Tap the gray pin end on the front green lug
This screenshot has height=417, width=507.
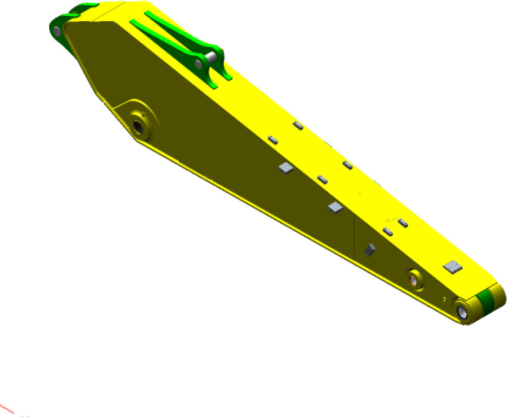(x=199, y=64)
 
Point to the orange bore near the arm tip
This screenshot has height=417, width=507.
(x=414, y=279)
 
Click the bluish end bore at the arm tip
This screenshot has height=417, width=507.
(x=462, y=311)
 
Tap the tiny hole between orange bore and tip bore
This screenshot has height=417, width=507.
(x=444, y=298)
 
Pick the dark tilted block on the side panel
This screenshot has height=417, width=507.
(x=369, y=249)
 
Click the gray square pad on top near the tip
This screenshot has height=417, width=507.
(x=452, y=266)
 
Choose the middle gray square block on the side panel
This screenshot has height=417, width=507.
(x=335, y=207)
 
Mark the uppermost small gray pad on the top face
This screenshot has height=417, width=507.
(x=298, y=125)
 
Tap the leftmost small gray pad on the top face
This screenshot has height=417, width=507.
(x=273, y=140)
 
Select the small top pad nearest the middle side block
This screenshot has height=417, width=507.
(x=322, y=178)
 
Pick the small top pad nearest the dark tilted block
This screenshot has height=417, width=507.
(x=387, y=231)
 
